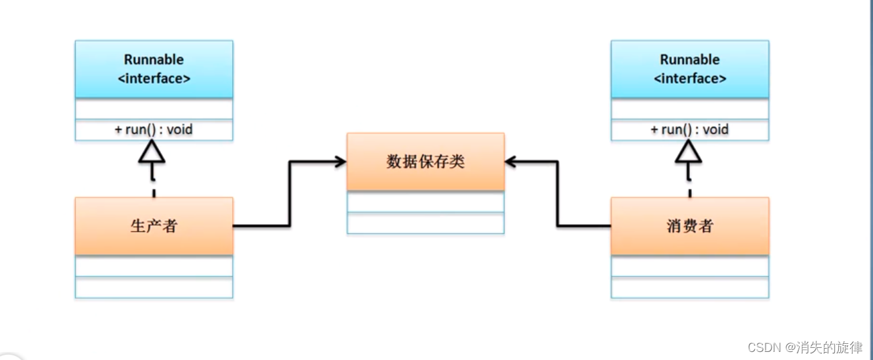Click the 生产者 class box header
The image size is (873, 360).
154,226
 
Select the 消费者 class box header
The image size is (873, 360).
689,226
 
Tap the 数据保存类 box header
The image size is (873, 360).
425,162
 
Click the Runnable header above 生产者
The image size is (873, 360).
154,68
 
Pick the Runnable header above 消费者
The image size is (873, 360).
690,68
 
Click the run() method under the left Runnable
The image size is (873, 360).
154,129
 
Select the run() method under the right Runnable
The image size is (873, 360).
690,129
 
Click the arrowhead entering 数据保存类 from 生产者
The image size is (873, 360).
339,162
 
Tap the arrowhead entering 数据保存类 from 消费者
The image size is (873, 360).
513,162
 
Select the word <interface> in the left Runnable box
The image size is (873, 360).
154,78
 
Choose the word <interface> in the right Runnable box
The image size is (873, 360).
690,78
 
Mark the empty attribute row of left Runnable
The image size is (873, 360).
154,109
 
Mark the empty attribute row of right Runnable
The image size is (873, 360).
690,109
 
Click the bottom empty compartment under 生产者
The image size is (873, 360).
154,288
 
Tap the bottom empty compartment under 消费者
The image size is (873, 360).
690,288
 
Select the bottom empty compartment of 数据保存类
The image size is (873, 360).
425,223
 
